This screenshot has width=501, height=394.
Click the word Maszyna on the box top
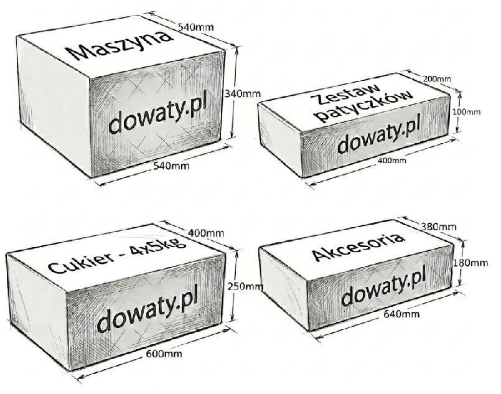119,45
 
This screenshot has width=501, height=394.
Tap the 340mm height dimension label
243,93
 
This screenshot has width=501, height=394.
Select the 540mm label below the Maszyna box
171,166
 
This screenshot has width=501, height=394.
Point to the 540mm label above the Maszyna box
195,27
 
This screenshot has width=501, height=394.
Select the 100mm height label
466,112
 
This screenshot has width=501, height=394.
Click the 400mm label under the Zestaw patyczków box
391,161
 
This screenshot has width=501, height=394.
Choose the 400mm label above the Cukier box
206,233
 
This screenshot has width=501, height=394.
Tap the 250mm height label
245,287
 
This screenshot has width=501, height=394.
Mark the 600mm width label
164,354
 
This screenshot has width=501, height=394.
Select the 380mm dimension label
438,227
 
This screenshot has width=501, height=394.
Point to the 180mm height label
471,263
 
